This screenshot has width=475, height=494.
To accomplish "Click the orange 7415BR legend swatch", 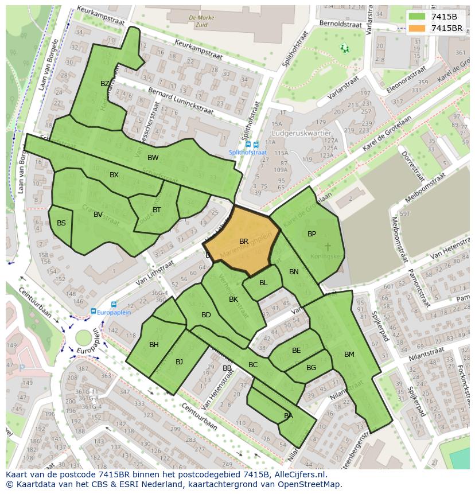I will pos(417,28).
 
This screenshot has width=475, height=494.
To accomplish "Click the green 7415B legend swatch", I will pos(417,17).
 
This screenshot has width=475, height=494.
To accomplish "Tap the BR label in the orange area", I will pos(244,242).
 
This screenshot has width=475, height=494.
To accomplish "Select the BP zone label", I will pos(312,234).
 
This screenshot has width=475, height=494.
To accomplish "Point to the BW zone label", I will pos(153,158).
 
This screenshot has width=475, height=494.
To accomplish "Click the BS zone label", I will pos(61,223).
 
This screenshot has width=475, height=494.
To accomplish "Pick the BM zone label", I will pos(349,355).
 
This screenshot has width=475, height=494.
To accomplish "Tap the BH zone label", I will pos(154,345).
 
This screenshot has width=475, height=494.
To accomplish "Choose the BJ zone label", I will pos(179,361).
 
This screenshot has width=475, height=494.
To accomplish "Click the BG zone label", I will pos(311,368).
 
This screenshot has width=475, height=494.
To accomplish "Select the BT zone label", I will pos(157,210).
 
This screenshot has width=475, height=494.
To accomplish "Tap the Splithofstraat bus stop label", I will pos(248,152).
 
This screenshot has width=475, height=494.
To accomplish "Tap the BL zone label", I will pos(263,283).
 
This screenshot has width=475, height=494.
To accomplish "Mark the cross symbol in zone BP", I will pos(328,247).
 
